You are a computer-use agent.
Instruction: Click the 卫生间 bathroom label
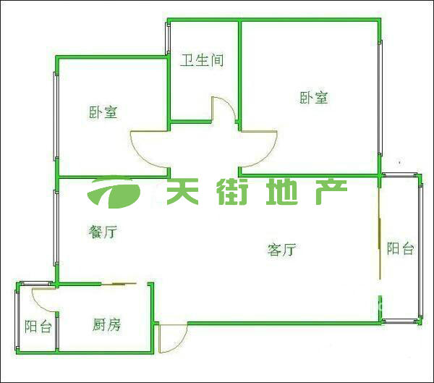(202, 60)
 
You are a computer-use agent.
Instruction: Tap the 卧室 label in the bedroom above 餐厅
(103, 112)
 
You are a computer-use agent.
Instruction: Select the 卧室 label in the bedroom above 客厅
(313, 98)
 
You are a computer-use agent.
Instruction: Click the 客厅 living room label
(281, 251)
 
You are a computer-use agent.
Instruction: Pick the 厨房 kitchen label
(106, 325)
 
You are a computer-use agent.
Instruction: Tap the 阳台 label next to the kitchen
(38, 327)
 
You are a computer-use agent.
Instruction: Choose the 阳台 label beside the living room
(400, 248)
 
